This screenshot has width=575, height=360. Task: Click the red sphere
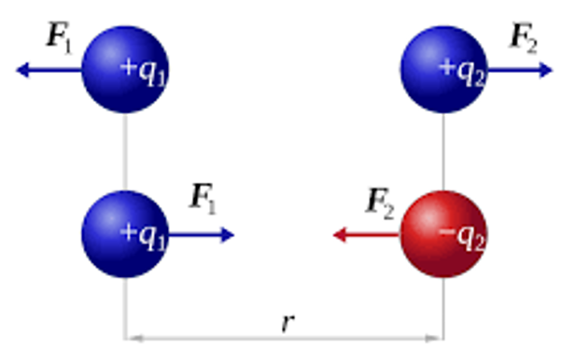click(443, 234)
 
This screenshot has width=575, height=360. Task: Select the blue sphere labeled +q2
click(443, 69)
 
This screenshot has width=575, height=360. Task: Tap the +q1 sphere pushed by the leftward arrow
click(125, 69)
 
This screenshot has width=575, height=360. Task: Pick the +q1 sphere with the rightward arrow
click(125, 234)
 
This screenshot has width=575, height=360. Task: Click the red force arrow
click(366, 234)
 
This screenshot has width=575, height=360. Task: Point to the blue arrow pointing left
click(49, 70)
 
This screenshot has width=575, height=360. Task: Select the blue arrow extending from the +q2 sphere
click(520, 70)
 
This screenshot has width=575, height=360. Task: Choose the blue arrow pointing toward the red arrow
click(202, 234)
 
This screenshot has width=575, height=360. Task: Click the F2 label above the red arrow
click(380, 203)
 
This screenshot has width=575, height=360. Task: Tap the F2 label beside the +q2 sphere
click(524, 39)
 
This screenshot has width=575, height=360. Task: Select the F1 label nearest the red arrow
click(203, 199)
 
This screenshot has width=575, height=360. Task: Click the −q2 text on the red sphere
click(462, 237)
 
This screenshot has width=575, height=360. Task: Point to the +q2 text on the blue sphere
click(462, 73)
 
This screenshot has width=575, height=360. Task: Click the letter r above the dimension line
click(287, 322)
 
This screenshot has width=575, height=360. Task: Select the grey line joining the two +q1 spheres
click(125, 152)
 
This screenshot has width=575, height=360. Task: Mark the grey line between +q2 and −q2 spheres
click(443, 152)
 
